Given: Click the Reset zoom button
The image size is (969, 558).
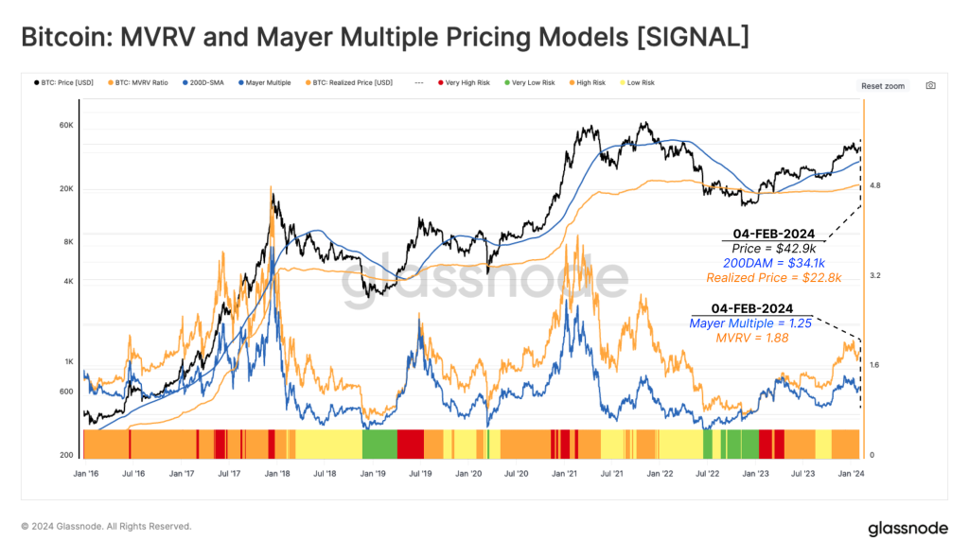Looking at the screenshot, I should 882,86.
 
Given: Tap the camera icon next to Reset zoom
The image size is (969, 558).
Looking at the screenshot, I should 930,85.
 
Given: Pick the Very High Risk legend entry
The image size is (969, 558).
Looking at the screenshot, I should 466,83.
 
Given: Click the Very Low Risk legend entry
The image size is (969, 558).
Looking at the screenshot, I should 531,83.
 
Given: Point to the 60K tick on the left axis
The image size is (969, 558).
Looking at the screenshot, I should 67,125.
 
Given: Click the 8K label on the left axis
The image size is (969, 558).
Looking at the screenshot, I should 69,242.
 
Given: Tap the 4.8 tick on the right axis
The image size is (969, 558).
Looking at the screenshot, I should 874,186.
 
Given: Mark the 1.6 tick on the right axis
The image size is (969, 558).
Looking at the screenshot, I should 874,365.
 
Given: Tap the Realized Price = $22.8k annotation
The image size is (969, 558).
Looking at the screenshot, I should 773,277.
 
